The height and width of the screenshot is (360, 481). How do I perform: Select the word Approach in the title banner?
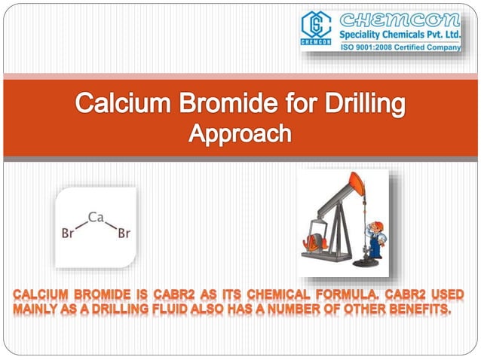tap(240, 134)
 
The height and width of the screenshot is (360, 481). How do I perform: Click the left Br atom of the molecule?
tap(67, 234)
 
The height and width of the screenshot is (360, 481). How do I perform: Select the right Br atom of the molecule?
tap(124, 234)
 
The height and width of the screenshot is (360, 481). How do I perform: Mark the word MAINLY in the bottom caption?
tap(32, 307)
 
